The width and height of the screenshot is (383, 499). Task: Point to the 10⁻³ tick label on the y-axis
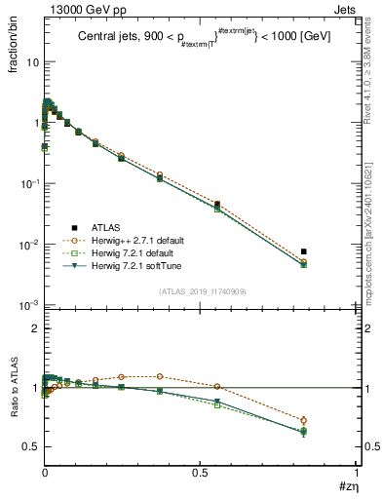(27, 305)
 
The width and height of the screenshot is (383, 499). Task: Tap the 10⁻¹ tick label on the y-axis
(27, 183)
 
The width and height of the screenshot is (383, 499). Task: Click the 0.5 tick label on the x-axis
(200, 471)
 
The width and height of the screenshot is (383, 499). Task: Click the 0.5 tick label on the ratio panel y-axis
(29, 446)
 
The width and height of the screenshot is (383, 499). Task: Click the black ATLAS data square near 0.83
(304, 251)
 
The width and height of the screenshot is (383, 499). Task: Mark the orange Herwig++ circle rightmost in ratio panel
(304, 420)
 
